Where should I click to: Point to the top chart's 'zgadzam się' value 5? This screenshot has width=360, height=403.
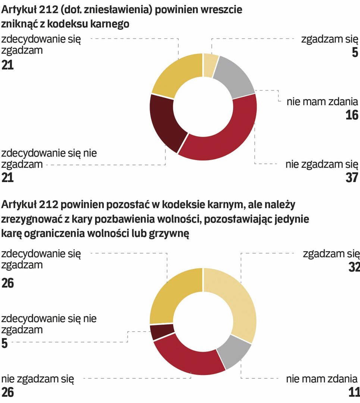coord(354,53)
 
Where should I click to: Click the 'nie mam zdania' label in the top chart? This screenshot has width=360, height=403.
coord(322,101)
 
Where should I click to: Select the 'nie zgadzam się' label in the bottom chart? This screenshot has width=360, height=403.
coord(38,380)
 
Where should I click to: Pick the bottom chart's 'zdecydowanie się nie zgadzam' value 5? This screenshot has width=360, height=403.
coord(4,343)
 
